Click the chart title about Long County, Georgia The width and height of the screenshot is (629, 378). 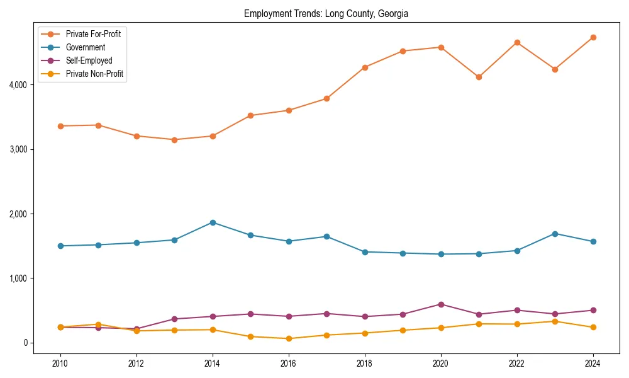[326, 14]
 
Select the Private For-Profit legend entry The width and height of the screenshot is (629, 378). [93, 34]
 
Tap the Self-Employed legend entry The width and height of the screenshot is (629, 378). [89, 61]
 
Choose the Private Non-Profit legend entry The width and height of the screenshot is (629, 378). [94, 74]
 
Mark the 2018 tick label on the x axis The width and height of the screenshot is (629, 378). [365, 364]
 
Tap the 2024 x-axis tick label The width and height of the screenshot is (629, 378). [593, 364]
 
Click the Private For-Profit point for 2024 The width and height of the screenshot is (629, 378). [593, 37]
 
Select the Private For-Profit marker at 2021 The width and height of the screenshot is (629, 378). [479, 77]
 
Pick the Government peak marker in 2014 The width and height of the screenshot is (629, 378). [213, 222]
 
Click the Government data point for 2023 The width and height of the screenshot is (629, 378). [555, 234]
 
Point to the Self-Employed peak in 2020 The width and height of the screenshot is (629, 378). [441, 304]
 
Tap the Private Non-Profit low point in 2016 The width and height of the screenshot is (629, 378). [289, 338]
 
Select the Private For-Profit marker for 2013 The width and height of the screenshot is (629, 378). [174, 140]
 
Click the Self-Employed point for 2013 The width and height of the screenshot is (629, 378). [174, 319]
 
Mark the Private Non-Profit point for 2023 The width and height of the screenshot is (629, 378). [555, 321]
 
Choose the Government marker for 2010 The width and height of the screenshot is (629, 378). [60, 246]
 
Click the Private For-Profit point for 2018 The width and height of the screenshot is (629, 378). [365, 67]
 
